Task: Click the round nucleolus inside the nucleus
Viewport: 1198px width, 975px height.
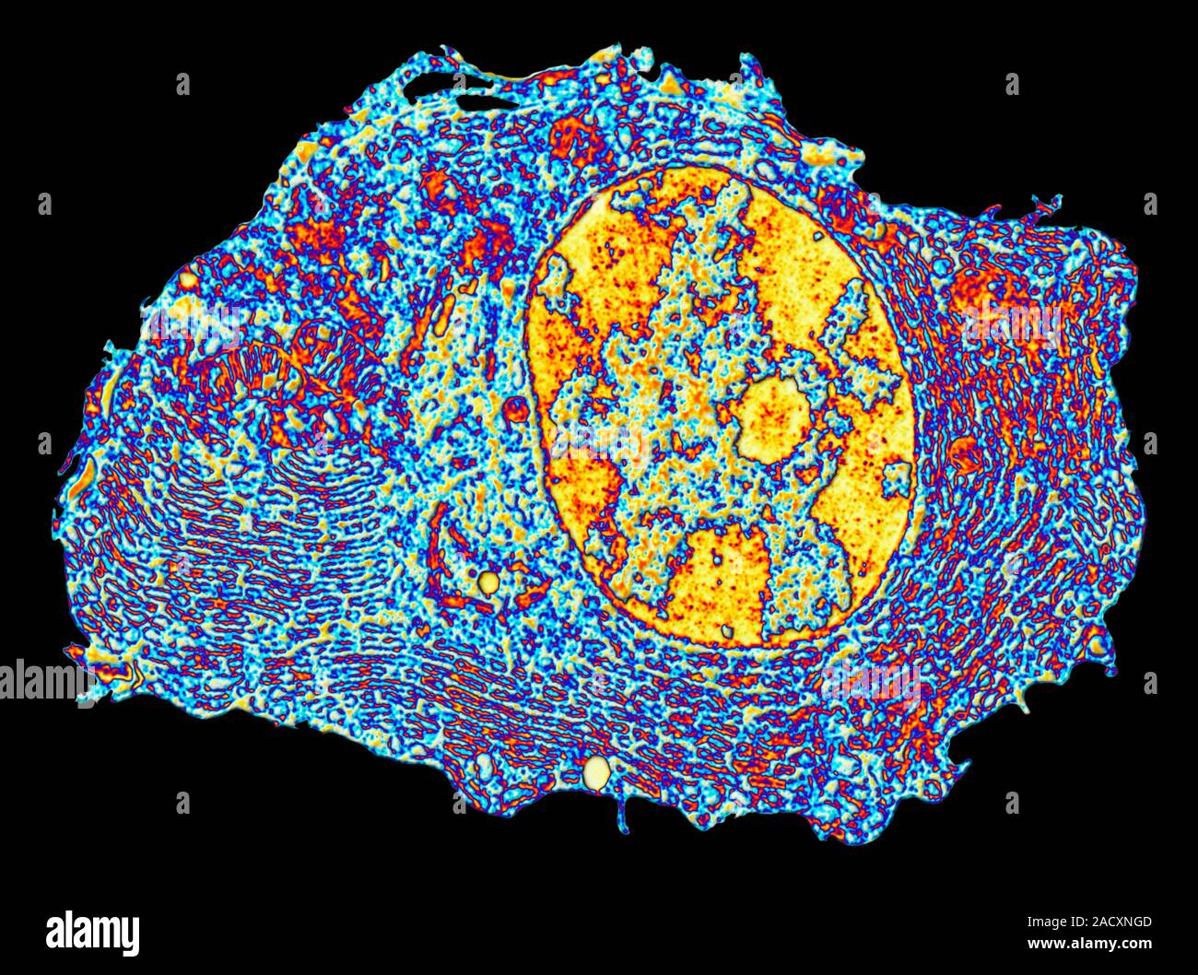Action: (x=772, y=421)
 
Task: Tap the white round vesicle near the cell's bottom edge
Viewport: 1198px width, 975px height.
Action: (x=597, y=772)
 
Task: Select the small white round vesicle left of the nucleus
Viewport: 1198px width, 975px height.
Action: (x=488, y=581)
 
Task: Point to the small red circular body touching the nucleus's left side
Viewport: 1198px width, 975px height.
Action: (x=514, y=408)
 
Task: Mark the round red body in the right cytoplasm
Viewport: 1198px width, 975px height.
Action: (x=966, y=452)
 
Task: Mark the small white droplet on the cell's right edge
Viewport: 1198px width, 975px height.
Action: (x=1096, y=645)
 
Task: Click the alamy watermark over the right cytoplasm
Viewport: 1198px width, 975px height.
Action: (x=1012, y=322)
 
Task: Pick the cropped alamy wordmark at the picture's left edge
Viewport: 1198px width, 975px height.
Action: (x=41, y=682)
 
